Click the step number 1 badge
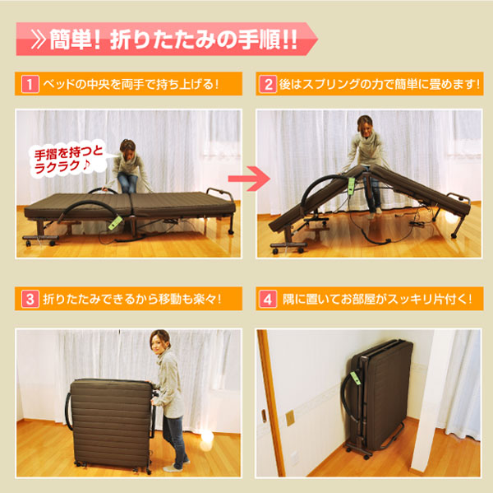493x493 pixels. [27, 84]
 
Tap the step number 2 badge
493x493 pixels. [268, 84]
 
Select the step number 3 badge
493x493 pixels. [27, 298]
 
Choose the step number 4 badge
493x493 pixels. [268, 298]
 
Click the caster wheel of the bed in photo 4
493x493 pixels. [354, 452]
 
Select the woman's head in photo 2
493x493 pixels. [364, 127]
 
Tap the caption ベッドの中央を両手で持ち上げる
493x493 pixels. [131, 84]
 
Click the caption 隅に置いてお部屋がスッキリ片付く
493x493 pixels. [378, 298]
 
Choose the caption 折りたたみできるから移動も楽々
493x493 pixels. [131, 298]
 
